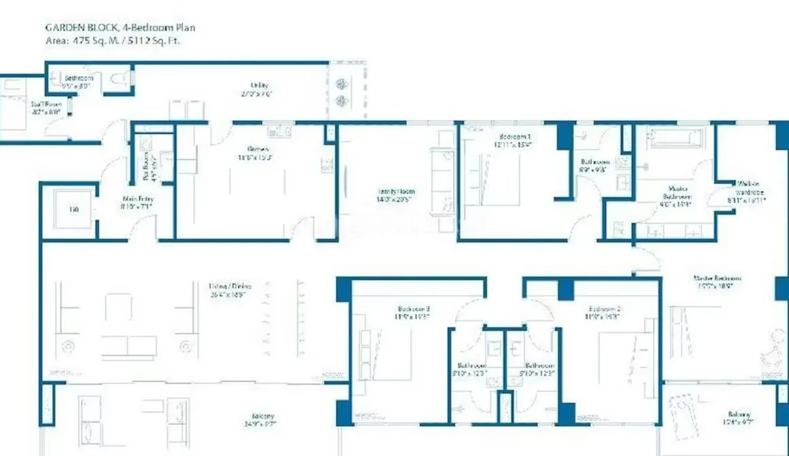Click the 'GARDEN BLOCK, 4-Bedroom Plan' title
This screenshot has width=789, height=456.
119,28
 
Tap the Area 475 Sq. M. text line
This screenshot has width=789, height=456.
113,40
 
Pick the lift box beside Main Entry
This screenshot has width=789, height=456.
73,210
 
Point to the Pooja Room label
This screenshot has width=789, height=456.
148,162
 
